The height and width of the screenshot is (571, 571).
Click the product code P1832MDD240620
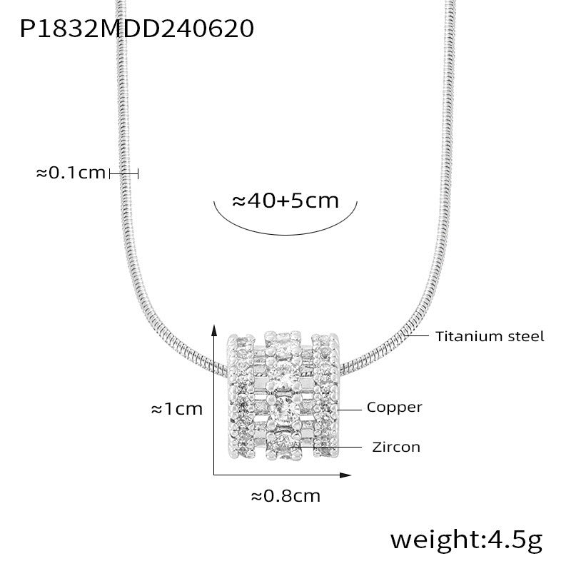coord(136,29)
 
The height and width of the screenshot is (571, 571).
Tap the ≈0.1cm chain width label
coord(71,173)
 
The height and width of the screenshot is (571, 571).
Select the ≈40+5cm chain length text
coord(285,201)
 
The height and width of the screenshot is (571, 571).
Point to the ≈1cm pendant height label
coord(177,409)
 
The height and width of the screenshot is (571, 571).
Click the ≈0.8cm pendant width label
coord(286,496)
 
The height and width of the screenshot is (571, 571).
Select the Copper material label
coord(395,408)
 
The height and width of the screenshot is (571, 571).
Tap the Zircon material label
coord(396,447)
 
